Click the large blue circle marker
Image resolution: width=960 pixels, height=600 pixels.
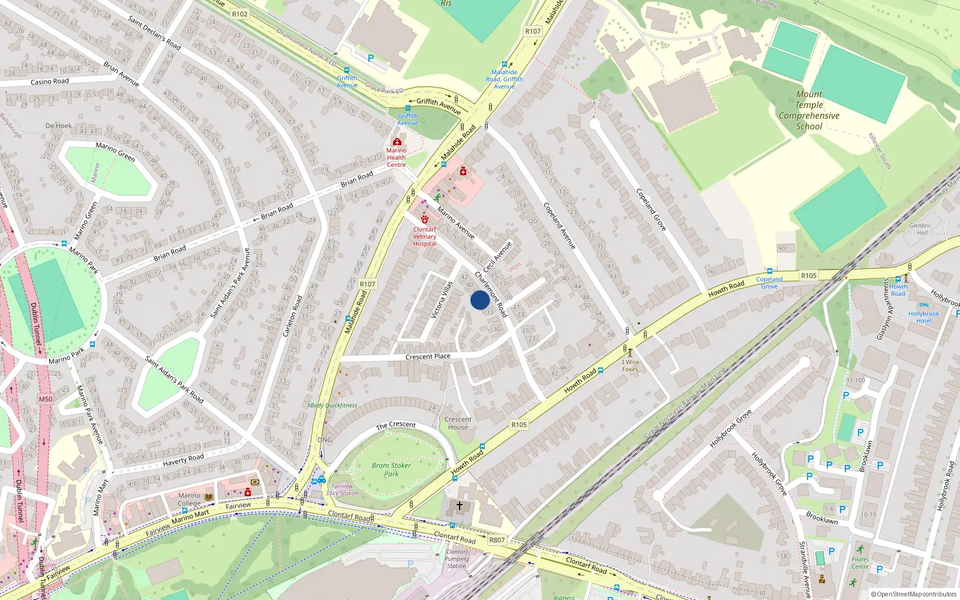coord(479,300)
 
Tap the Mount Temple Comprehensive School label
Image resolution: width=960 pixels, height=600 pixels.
coord(809,110)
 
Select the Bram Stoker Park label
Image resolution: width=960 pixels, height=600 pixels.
coord(391,469)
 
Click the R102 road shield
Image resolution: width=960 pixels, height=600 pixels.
coord(239,14)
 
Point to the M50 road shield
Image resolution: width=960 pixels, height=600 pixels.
coord(46,399)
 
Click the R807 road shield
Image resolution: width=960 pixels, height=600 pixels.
coord(497,540)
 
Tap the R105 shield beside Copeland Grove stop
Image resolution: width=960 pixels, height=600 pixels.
coord(809,275)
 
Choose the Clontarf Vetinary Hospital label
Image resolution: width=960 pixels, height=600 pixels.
coord(425,236)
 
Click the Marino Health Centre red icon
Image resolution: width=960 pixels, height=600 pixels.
coord(397,142)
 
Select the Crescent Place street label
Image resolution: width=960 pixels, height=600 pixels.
coord(428,356)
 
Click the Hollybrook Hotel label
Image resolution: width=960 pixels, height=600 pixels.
coord(923,317)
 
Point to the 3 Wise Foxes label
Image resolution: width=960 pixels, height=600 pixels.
coord(630,365)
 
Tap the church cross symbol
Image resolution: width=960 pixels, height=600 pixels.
coord(460,506)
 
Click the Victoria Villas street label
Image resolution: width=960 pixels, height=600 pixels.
coord(442,299)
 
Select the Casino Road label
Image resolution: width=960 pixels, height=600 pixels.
coord(49,82)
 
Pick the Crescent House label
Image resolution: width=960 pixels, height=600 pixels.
coord(458,423)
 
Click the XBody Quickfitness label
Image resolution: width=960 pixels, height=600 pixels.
coord(332,406)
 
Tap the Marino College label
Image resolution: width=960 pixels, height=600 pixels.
coord(189,499)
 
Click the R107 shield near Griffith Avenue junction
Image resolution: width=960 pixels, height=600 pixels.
coord(533,31)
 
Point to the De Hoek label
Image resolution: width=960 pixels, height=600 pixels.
coord(58,126)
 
